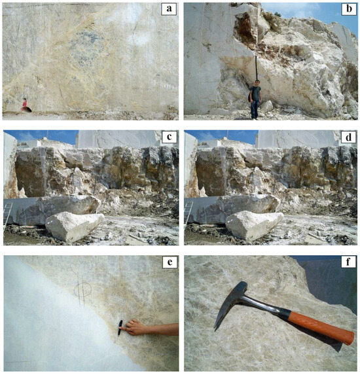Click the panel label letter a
[169, 9]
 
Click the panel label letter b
[349, 9]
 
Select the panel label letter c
[169, 137]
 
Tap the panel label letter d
[349, 137]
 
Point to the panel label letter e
[170, 262]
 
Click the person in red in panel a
[24, 104]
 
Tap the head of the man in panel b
[257, 83]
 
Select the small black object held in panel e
[120, 328]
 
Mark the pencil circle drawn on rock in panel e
[82, 290]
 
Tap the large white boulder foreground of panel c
[75, 226]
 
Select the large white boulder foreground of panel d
[255, 226]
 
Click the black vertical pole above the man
[256, 68]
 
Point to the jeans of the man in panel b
[255, 109]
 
